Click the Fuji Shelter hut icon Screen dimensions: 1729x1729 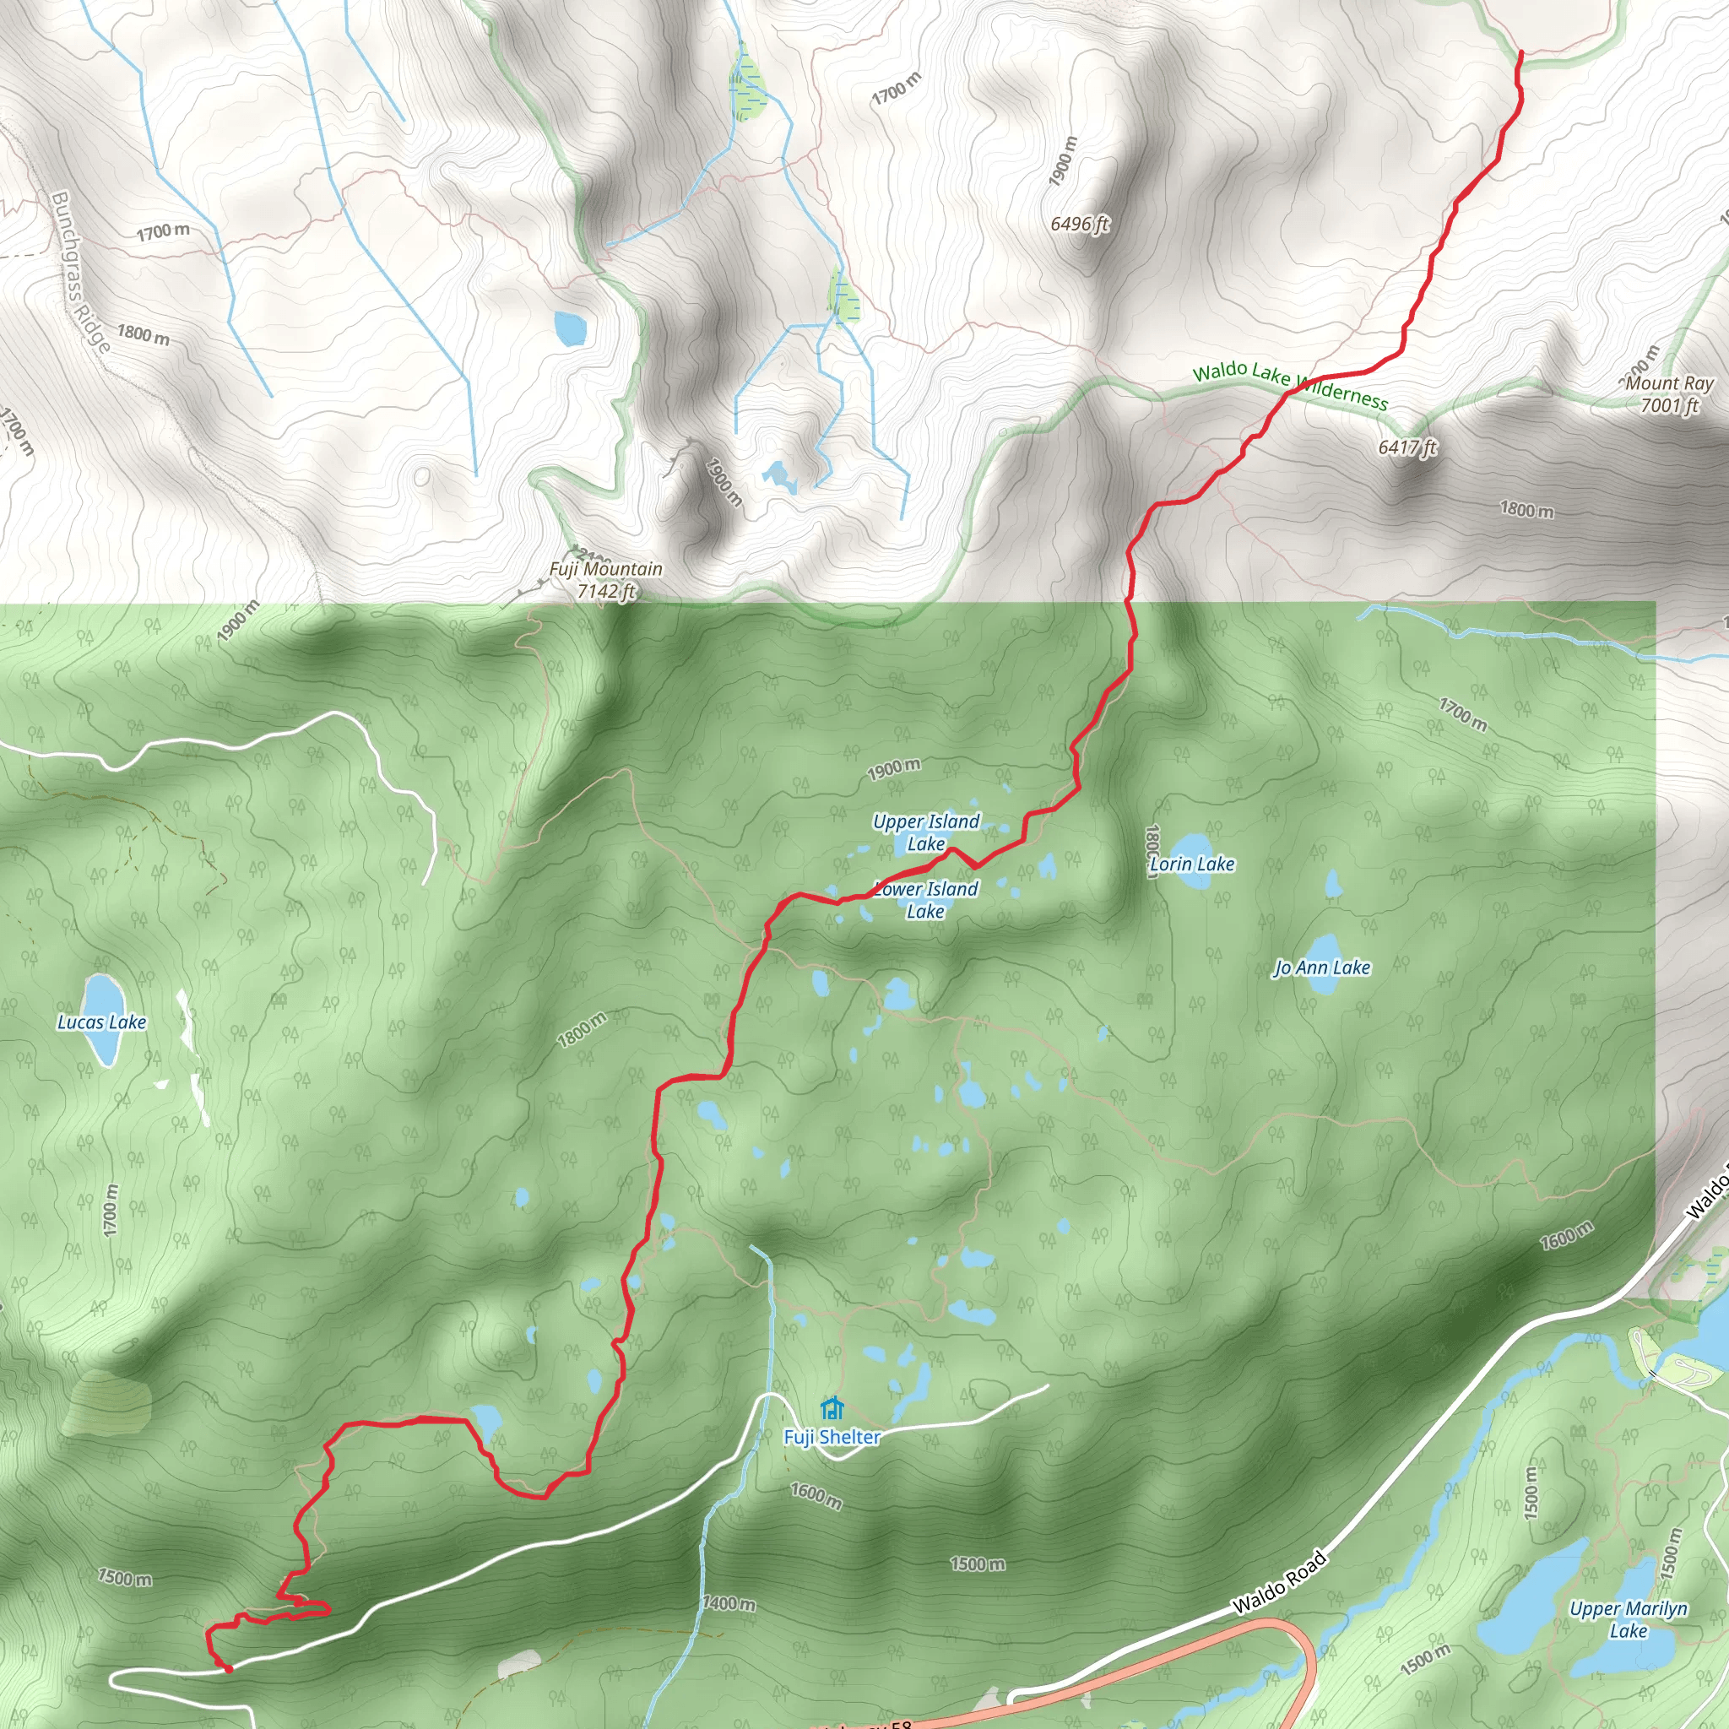832,1409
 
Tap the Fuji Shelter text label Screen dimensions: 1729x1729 832,1437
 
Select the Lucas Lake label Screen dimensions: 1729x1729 102,1022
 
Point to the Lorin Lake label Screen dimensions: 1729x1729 1192,864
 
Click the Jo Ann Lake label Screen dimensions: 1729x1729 1323,968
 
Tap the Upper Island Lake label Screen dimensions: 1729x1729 926,832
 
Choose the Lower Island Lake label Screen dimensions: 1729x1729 926,900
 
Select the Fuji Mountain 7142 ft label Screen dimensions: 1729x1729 606,580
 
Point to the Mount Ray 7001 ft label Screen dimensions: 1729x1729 1669,394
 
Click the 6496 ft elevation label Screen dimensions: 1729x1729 1079,224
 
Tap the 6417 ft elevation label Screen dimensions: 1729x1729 1407,447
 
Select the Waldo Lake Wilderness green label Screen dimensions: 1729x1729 1291,386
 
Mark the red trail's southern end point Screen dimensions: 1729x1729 228,1668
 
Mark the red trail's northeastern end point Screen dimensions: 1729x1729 1521,51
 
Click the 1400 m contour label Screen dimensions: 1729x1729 729,1604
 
